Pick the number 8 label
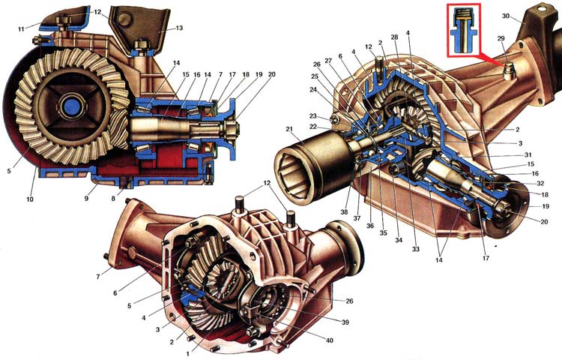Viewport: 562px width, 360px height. pos(113,200)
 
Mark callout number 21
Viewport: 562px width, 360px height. pos(288,129)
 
